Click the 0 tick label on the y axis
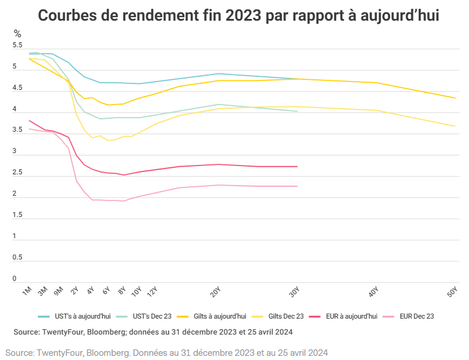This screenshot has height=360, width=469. click(x=14, y=278)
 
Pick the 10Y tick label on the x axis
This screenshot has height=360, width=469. click(x=136, y=291)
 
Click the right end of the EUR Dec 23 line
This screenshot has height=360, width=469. click(x=297, y=186)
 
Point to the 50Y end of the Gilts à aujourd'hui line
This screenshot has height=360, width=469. click(x=455, y=98)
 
